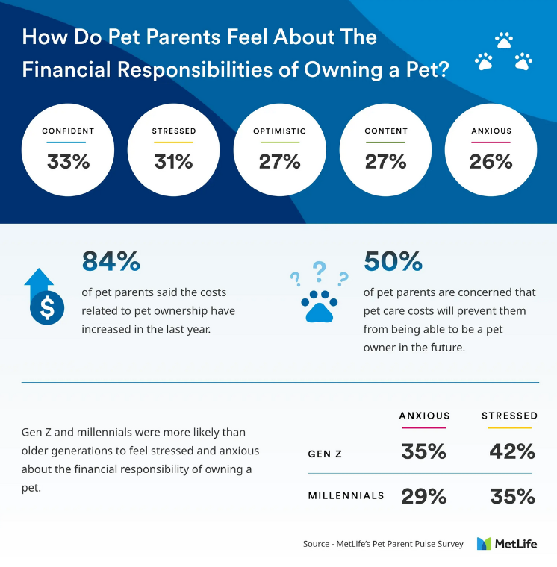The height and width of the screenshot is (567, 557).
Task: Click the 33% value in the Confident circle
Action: click(x=68, y=161)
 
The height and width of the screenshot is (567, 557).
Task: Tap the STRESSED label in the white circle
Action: click(x=174, y=131)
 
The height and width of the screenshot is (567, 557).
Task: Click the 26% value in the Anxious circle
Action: click(x=491, y=161)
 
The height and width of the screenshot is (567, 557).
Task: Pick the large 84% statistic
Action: click(x=111, y=261)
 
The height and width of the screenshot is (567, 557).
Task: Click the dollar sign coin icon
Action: click(x=41, y=308)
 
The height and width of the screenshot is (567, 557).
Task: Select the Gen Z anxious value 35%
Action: click(x=423, y=452)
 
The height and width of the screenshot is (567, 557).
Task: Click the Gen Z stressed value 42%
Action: click(x=512, y=452)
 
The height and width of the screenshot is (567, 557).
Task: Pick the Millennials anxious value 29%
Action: click(x=423, y=497)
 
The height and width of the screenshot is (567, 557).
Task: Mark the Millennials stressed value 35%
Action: click(x=512, y=497)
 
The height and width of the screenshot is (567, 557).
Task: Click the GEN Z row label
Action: click(x=326, y=454)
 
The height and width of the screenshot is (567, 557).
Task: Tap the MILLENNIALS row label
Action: click(x=346, y=496)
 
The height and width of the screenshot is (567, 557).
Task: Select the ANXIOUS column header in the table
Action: click(x=424, y=416)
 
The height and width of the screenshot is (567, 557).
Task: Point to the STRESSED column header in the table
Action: click(x=509, y=416)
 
